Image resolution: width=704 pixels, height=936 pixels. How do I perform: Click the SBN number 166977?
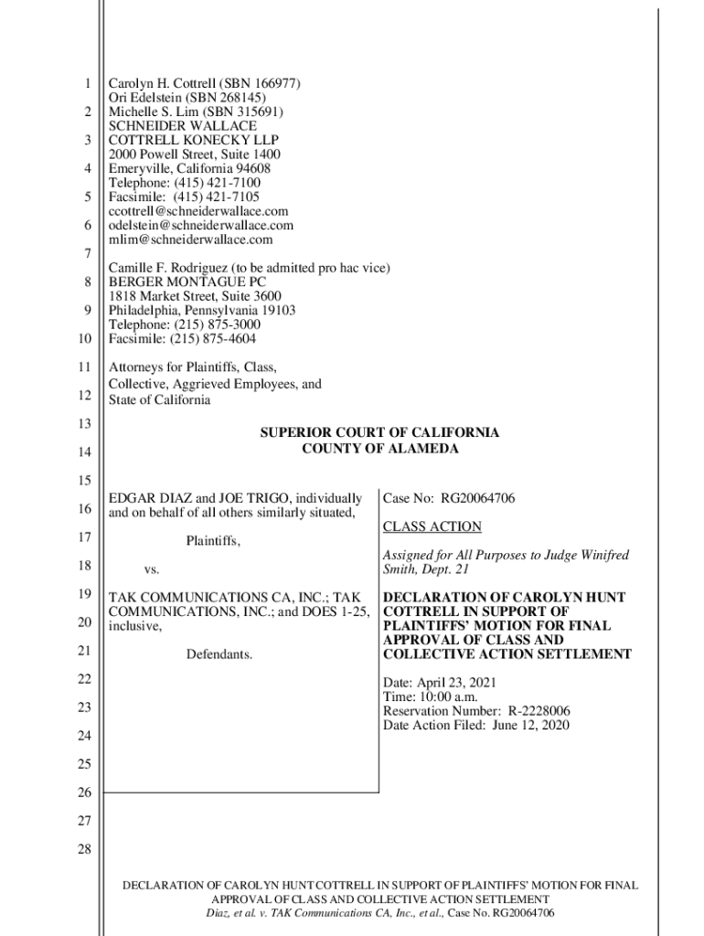click(272, 84)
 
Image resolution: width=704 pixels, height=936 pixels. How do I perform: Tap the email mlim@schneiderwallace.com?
click(190, 239)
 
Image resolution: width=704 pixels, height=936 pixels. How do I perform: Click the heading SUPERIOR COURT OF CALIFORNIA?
click(380, 432)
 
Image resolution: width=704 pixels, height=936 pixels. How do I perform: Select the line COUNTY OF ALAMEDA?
click(380, 448)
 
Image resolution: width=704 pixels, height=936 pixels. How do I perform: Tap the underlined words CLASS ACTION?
click(432, 527)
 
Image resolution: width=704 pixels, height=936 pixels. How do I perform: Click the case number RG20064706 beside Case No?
click(477, 498)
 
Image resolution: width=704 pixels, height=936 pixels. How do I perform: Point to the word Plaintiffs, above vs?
click(214, 541)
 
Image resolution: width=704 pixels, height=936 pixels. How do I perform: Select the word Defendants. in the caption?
click(219, 654)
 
